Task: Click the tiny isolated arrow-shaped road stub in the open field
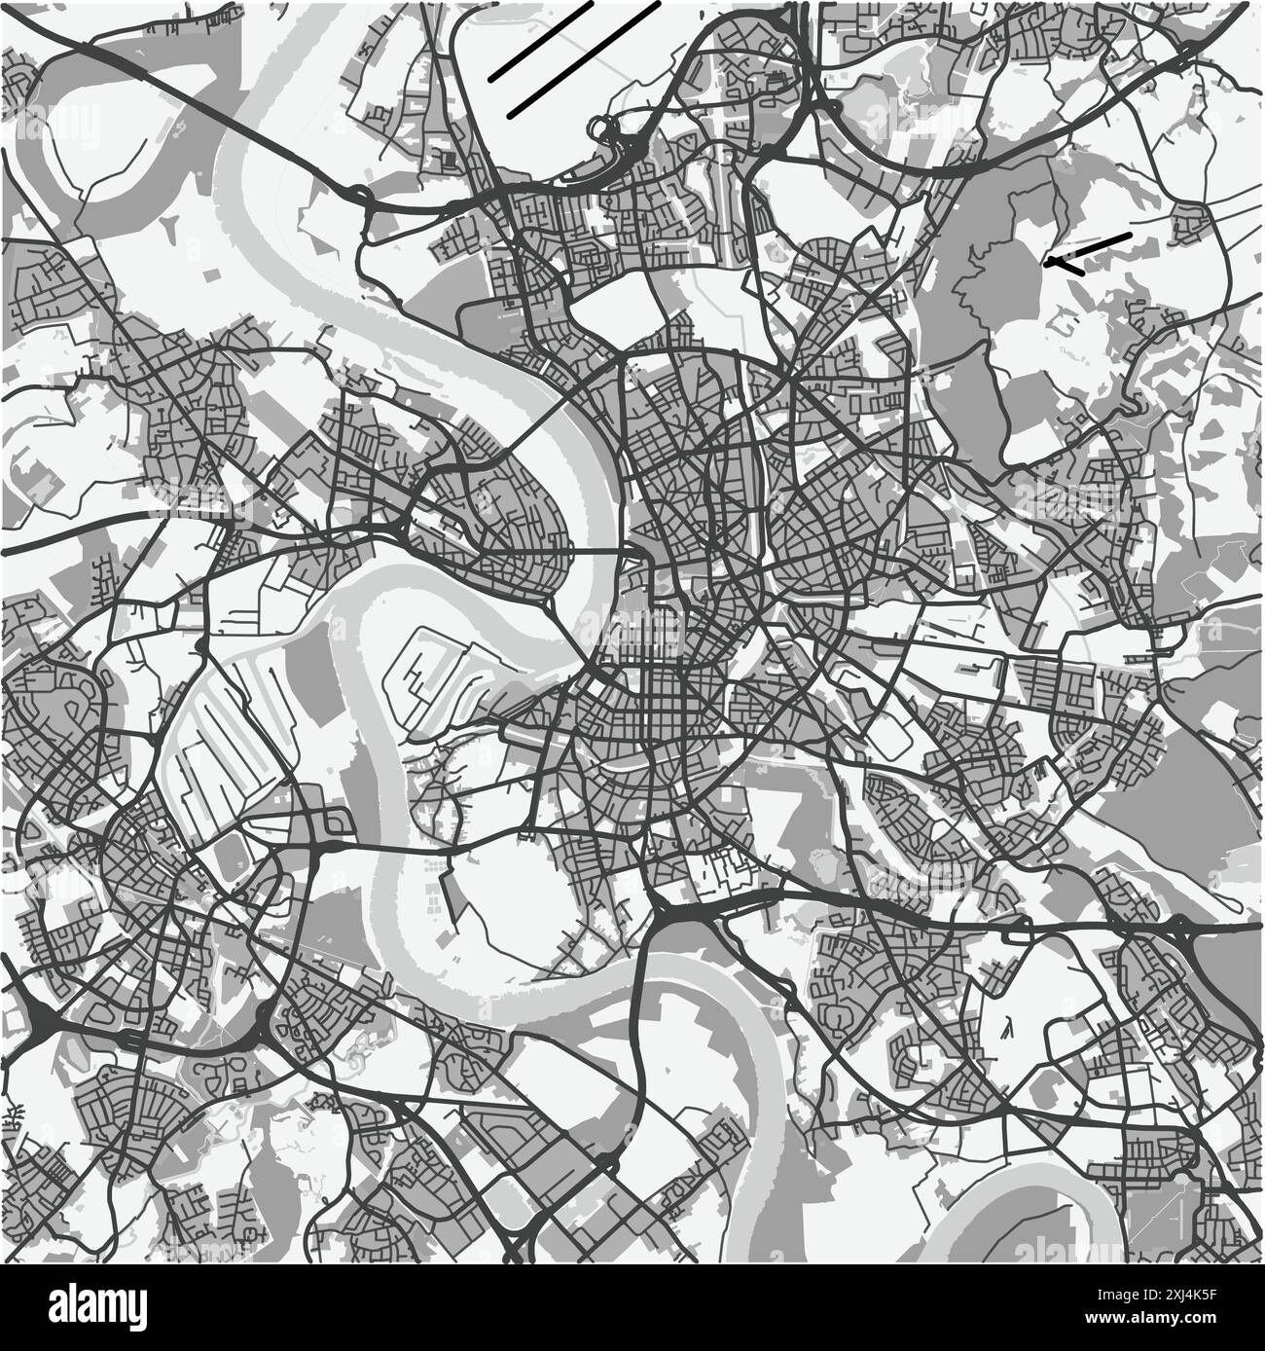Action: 1007,1025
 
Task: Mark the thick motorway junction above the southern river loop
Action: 671,915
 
